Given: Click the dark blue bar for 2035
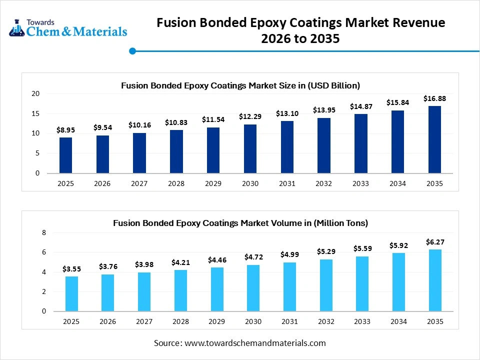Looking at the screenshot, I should pos(434,139).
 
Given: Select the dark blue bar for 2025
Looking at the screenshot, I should pos(65,155).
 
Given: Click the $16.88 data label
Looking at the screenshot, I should pos(434,98).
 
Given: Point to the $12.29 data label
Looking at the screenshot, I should pos(250,116).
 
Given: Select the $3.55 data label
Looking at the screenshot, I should pos(72,269).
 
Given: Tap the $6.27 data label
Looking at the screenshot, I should pos(434,241).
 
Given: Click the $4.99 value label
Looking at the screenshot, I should pos(289,254).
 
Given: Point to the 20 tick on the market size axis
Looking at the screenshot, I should pos(35,93).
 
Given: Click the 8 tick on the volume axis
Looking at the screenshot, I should pos(43,233).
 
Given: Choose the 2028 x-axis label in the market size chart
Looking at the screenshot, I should pos(176,183).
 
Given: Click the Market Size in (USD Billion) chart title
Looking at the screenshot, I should pos(240,85).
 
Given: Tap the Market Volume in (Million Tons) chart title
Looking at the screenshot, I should pos(240,223).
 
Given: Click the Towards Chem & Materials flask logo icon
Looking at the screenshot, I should pos(17,28).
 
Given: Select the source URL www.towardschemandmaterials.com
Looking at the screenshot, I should pos(255,343).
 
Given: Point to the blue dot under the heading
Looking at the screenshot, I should pos(132,51).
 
